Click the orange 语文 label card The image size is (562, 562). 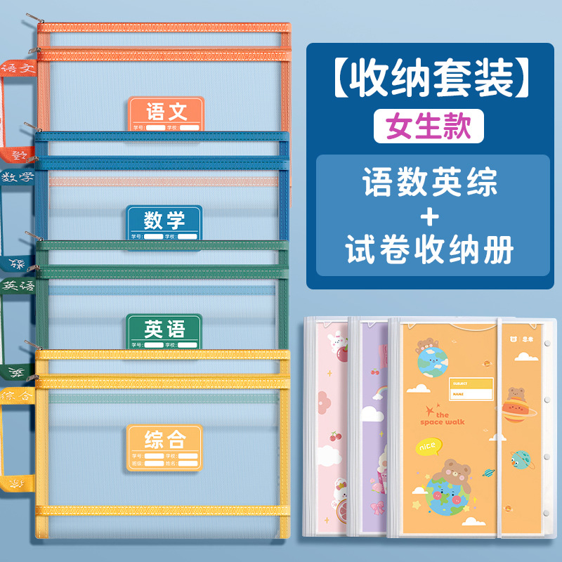pos(165,114)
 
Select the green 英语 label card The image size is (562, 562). pos(164,330)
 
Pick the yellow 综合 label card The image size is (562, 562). pos(164,447)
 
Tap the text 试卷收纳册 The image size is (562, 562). pos(430,250)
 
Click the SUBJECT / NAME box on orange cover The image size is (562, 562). pos(471,388)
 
